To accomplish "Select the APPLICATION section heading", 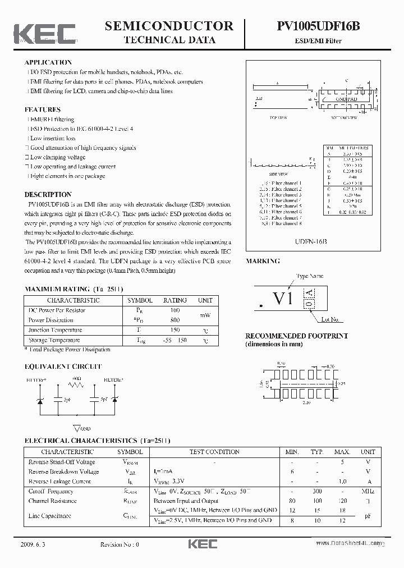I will pos(48,62).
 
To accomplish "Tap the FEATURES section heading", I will pos(43,109).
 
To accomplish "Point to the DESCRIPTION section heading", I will pos(48,195).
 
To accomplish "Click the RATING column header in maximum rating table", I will pos(175,300).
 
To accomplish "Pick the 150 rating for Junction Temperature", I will pos(175,330).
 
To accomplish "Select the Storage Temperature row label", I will pos(54,340).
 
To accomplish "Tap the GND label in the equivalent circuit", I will pos(85,428).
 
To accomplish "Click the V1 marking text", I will pos(283,299).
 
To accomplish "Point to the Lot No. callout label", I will pos(330,319).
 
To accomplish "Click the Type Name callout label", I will pos(310,277).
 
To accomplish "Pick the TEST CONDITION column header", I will pos(215,452).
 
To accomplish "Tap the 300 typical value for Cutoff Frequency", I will pos(318,491).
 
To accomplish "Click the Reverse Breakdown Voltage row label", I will pos(63,471).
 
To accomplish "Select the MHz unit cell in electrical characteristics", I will pos(368,491).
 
